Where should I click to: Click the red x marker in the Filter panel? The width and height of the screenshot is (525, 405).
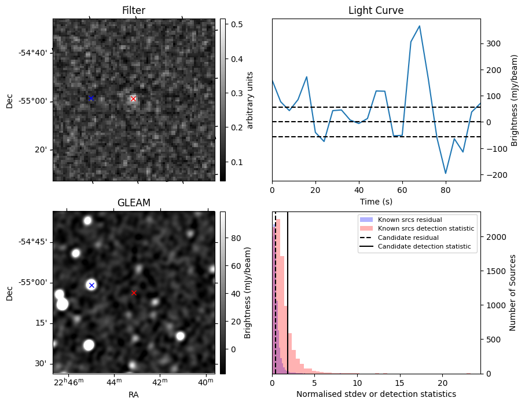click(x=134, y=99)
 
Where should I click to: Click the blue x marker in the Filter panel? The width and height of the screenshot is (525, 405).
click(x=91, y=98)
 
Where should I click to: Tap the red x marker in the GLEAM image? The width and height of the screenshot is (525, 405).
click(x=134, y=293)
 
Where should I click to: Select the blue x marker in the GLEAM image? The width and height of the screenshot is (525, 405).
click(x=91, y=286)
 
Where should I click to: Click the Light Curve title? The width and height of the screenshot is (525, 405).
click(x=376, y=10)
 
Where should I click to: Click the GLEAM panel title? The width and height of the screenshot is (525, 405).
click(x=134, y=203)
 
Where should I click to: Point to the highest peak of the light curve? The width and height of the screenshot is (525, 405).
click(x=419, y=26)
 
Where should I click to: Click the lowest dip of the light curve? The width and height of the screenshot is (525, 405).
click(x=446, y=173)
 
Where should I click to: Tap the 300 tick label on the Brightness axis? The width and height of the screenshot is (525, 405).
click(x=493, y=43)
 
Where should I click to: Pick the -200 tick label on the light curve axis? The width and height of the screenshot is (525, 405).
click(x=495, y=175)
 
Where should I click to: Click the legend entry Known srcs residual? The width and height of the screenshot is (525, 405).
click(x=409, y=220)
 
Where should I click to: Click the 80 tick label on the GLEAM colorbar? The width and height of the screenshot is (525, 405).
click(x=236, y=238)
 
